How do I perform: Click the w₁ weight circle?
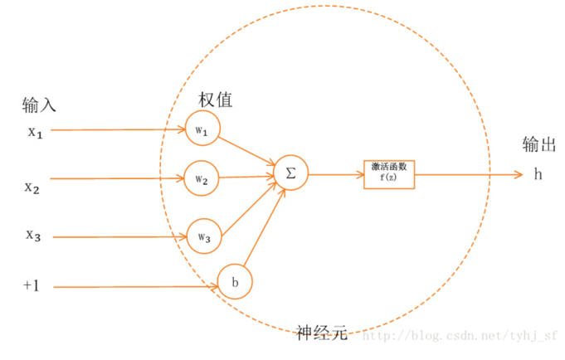202,129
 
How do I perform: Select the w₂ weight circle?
202,178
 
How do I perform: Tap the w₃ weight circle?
203,236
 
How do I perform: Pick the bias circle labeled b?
235,282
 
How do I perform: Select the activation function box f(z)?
389,173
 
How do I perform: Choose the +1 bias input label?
32,286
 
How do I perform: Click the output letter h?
538,174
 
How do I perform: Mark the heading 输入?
39,105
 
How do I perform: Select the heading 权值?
215,100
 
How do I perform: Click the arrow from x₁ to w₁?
116,130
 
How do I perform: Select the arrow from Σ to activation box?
336,174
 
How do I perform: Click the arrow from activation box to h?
469,174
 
